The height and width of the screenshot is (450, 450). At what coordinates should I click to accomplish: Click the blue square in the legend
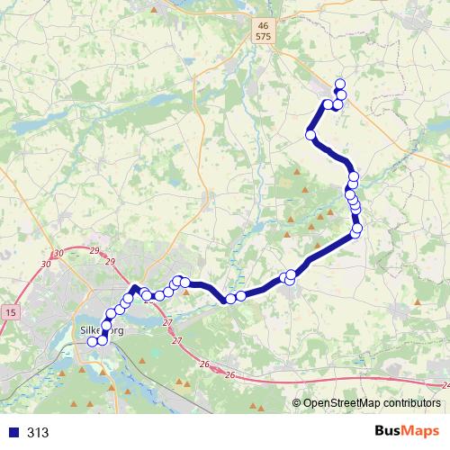point(13,433)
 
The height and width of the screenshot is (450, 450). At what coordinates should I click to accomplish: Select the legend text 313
point(38,433)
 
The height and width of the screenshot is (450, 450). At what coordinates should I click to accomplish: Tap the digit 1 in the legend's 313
point(38,433)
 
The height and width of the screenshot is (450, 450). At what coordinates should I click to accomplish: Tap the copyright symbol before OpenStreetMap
point(297,404)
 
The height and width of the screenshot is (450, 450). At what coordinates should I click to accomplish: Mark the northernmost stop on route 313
point(340,85)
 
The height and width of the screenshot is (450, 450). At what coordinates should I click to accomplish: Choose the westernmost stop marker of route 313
point(92,341)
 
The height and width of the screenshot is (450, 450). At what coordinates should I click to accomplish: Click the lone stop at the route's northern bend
point(311,135)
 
